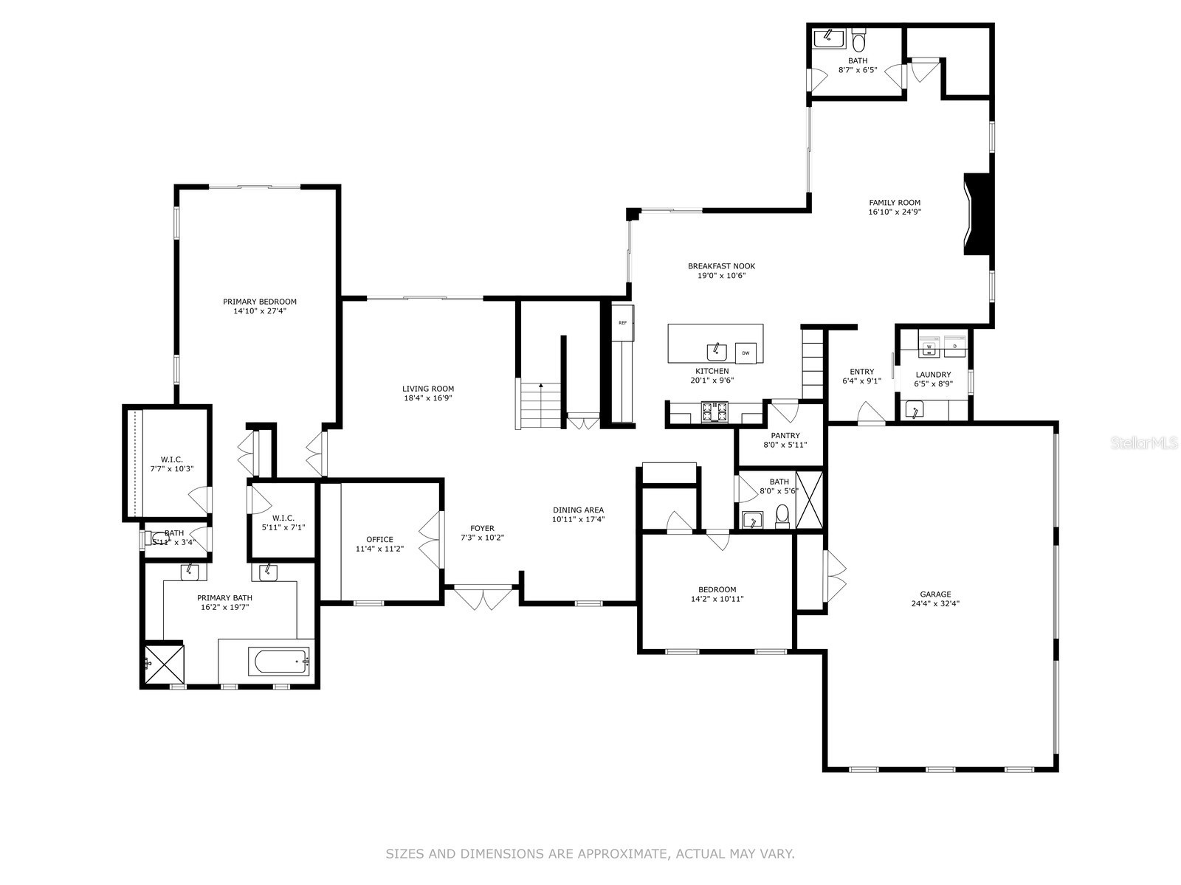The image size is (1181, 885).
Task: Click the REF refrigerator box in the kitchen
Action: pos(622,322)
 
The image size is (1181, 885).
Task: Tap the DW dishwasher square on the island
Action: pos(746,353)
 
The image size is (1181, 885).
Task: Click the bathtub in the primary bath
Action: pos(282,662)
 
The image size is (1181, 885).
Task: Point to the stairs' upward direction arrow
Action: pos(541,386)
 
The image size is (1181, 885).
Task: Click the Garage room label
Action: pos(935,594)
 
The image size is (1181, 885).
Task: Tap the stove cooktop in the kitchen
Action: pos(714,412)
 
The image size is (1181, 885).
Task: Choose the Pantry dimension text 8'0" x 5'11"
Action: pos(785,445)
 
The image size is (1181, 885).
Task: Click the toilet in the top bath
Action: pos(858,39)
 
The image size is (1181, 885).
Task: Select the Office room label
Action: pos(379,539)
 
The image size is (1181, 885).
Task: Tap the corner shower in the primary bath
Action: pos(163,664)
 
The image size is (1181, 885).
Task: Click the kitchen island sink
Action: pos(716,350)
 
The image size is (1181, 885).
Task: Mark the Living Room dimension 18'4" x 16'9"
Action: pos(428,398)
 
